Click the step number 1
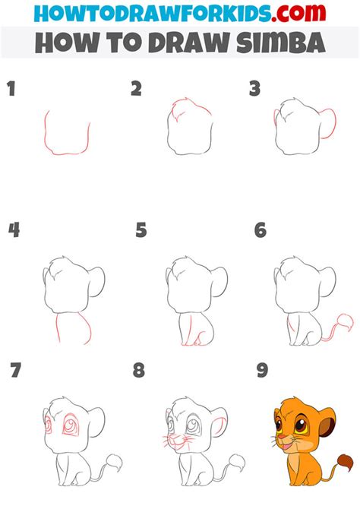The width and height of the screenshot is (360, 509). tap(11, 90)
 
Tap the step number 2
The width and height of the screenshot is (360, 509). tap(136, 90)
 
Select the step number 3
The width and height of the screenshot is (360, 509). tap(255, 90)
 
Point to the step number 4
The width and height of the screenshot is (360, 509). tap(13, 229)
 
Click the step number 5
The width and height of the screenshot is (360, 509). tap(141, 229)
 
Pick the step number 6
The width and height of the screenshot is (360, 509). tap(260, 229)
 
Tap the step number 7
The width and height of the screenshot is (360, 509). tap(16, 371)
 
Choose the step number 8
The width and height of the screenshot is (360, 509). tap(138, 371)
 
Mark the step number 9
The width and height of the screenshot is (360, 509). tap(262, 371)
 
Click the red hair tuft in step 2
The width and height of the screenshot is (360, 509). tap(181, 106)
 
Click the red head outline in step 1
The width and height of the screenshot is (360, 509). tap(68, 137)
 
